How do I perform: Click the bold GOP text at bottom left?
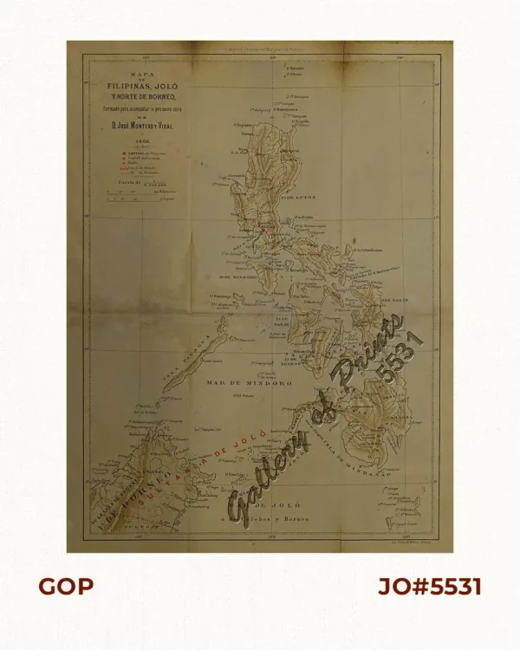click(x=65, y=587)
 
